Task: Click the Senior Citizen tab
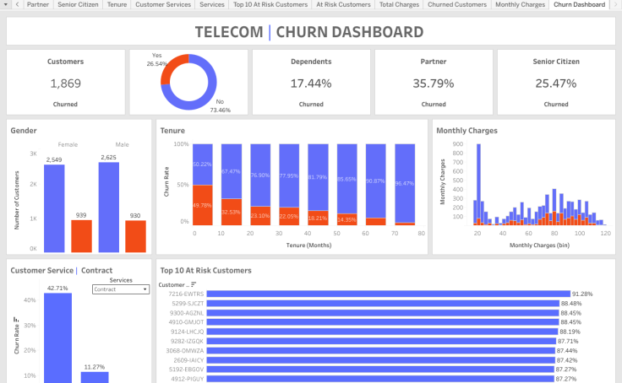(x=78, y=5)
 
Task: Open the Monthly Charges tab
(x=520, y=5)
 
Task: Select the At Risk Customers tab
(x=343, y=5)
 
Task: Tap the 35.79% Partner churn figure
(x=434, y=84)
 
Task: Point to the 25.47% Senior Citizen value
(x=555, y=84)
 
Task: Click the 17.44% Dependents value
(x=311, y=84)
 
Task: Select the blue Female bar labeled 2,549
(x=54, y=208)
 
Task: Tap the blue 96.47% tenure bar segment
(x=405, y=182)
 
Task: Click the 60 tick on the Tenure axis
(x=366, y=232)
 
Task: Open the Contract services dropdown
(x=121, y=289)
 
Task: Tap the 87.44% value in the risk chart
(x=567, y=350)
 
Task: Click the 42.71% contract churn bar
(x=57, y=337)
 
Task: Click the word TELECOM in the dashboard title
(x=228, y=33)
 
